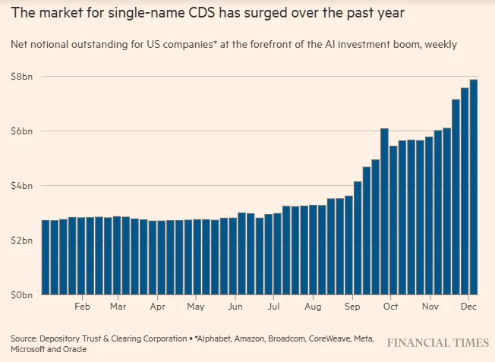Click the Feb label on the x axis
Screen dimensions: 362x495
(x=82, y=307)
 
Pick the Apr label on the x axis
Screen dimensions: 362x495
(x=157, y=307)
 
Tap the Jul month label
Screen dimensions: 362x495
(x=273, y=307)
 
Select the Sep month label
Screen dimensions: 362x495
(x=352, y=307)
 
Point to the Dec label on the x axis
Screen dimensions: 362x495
(x=468, y=307)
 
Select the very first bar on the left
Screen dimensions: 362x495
(x=46, y=257)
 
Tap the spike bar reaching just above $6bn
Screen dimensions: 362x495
(x=385, y=212)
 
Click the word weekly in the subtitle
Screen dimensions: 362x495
(x=440, y=45)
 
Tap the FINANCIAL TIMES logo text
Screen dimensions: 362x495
(x=437, y=343)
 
